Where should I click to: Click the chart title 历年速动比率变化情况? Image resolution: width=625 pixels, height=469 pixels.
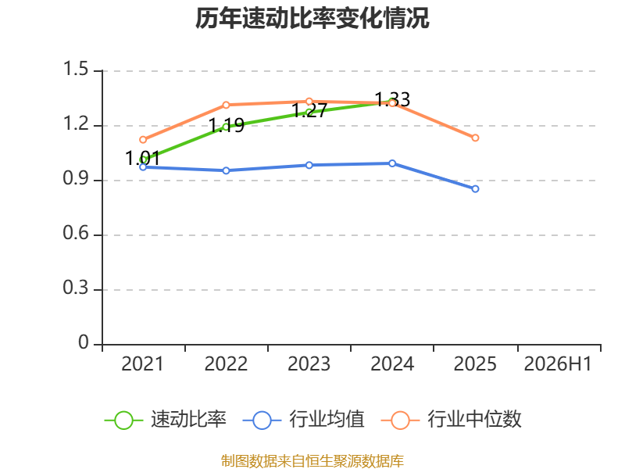point(312,18)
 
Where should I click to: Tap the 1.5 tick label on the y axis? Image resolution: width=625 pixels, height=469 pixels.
point(76,69)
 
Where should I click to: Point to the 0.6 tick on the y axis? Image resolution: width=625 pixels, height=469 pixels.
point(76,233)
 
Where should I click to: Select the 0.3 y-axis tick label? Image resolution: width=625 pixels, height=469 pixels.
point(76,288)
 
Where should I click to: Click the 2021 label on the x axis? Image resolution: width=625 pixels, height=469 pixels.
point(142,363)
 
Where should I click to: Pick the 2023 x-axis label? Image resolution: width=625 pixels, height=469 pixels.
point(309,363)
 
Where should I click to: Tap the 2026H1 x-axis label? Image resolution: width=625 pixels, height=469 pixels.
point(558,363)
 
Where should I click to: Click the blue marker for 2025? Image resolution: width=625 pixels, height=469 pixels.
point(475,189)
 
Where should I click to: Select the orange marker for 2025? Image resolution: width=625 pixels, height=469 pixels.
point(475,138)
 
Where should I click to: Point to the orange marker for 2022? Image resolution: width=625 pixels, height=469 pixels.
point(226,105)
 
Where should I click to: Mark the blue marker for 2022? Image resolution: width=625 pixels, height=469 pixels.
point(226,170)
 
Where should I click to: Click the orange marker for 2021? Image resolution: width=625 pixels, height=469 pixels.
point(143,140)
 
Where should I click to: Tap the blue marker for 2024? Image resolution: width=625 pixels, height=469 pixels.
point(392,163)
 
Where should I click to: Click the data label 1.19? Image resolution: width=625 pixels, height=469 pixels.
point(227,125)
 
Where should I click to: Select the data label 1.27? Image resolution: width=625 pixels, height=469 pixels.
point(309,110)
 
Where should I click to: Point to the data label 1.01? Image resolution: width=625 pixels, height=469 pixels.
point(142,158)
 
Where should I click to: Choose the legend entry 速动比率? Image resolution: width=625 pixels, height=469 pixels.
point(166,420)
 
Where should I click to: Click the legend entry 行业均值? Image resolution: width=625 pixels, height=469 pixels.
point(303,420)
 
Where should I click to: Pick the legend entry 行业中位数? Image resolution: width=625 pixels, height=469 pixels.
point(452,420)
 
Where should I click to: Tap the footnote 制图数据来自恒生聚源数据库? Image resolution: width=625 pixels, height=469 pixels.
point(312,461)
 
